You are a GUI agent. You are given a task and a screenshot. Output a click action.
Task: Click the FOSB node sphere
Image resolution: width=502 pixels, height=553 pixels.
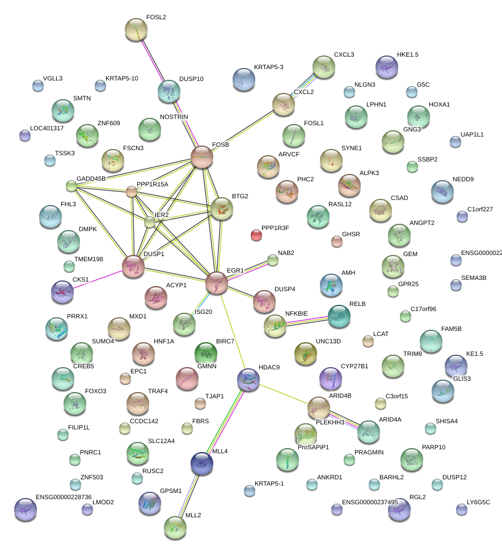tap(202, 157)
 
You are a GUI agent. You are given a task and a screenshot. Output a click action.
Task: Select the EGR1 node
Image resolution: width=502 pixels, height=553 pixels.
tap(217, 282)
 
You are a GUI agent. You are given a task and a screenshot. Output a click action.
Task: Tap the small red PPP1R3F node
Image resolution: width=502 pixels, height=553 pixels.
tap(256, 235)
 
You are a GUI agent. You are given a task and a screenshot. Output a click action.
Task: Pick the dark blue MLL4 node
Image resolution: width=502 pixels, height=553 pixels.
tap(202, 463)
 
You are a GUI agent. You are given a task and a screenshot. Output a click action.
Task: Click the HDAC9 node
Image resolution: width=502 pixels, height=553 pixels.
tap(248, 378)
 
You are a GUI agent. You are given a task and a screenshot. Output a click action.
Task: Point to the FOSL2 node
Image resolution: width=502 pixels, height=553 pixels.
tap(136, 29)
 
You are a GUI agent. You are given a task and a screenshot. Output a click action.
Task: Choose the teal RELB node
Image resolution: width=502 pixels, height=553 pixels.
tap(339, 316)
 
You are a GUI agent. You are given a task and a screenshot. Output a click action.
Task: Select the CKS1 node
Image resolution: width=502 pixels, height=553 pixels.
tap(62, 291)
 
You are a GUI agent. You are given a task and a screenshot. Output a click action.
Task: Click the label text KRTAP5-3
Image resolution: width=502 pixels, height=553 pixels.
tap(269, 67)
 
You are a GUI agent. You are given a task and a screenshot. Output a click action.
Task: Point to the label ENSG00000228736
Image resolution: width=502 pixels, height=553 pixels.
tap(64, 496)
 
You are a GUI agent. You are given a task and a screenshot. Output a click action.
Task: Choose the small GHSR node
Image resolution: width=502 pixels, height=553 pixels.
tap(336, 241)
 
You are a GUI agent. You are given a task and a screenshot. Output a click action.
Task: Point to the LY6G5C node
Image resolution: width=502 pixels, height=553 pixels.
tap(462, 509)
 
